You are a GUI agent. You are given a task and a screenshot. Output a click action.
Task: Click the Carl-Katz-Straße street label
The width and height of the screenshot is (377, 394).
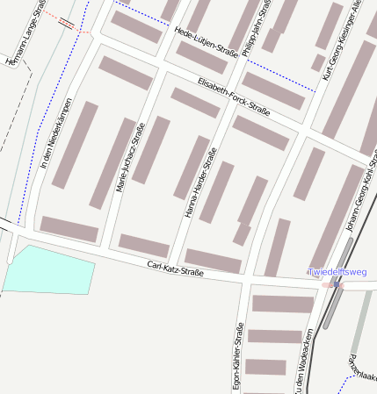(176, 269)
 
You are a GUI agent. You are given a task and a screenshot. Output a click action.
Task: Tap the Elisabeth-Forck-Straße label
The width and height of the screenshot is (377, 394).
(234, 97)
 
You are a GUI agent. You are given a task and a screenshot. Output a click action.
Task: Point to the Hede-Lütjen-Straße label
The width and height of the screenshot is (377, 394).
(207, 41)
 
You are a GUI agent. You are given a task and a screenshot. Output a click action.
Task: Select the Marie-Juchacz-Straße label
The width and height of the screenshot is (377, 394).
(128, 158)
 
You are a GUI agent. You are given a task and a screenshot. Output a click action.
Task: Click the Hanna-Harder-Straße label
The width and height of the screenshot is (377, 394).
(200, 183)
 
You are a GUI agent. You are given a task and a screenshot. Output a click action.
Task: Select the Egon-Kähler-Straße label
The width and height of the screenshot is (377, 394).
(237, 356)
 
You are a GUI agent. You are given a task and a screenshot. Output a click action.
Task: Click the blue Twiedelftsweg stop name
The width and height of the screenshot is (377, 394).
(337, 272)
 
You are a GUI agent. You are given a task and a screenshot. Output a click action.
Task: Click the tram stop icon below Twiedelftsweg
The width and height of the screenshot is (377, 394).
(336, 284)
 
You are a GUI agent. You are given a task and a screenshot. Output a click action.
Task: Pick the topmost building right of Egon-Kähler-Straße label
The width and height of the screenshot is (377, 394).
(283, 304)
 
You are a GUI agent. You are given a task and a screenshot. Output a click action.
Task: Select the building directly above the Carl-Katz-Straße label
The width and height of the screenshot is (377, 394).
(213, 261)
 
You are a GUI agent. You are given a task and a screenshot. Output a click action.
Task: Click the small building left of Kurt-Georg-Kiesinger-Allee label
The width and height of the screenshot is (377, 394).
(318, 62)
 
